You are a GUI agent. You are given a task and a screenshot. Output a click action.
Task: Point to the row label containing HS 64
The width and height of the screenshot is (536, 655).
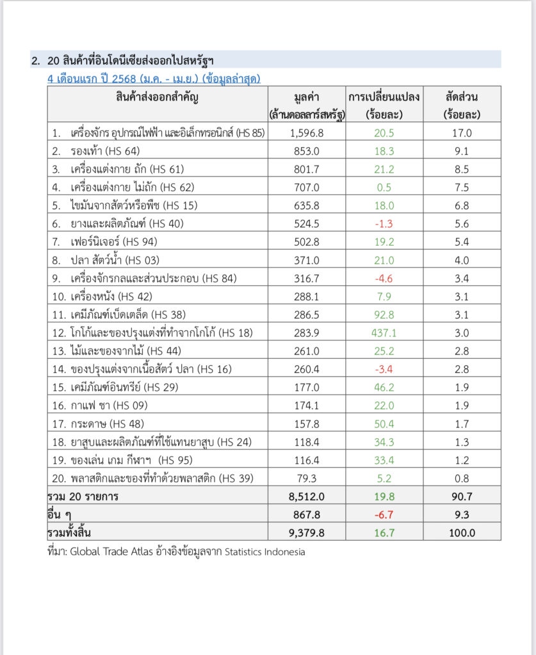[x=106, y=151]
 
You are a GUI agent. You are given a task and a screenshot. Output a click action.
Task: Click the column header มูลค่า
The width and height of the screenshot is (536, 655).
[x=306, y=97]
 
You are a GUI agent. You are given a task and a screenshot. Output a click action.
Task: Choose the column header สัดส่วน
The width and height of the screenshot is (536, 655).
[x=462, y=97]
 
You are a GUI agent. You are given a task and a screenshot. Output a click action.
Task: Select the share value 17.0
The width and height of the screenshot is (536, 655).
[x=462, y=133]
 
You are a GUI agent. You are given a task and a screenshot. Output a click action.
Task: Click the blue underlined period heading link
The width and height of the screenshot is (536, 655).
[x=154, y=79]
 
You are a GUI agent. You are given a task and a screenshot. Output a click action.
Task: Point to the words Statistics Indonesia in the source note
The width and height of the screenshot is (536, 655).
[x=264, y=551]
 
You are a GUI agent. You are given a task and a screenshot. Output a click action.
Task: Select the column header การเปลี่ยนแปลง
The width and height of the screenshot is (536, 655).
[x=384, y=97]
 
